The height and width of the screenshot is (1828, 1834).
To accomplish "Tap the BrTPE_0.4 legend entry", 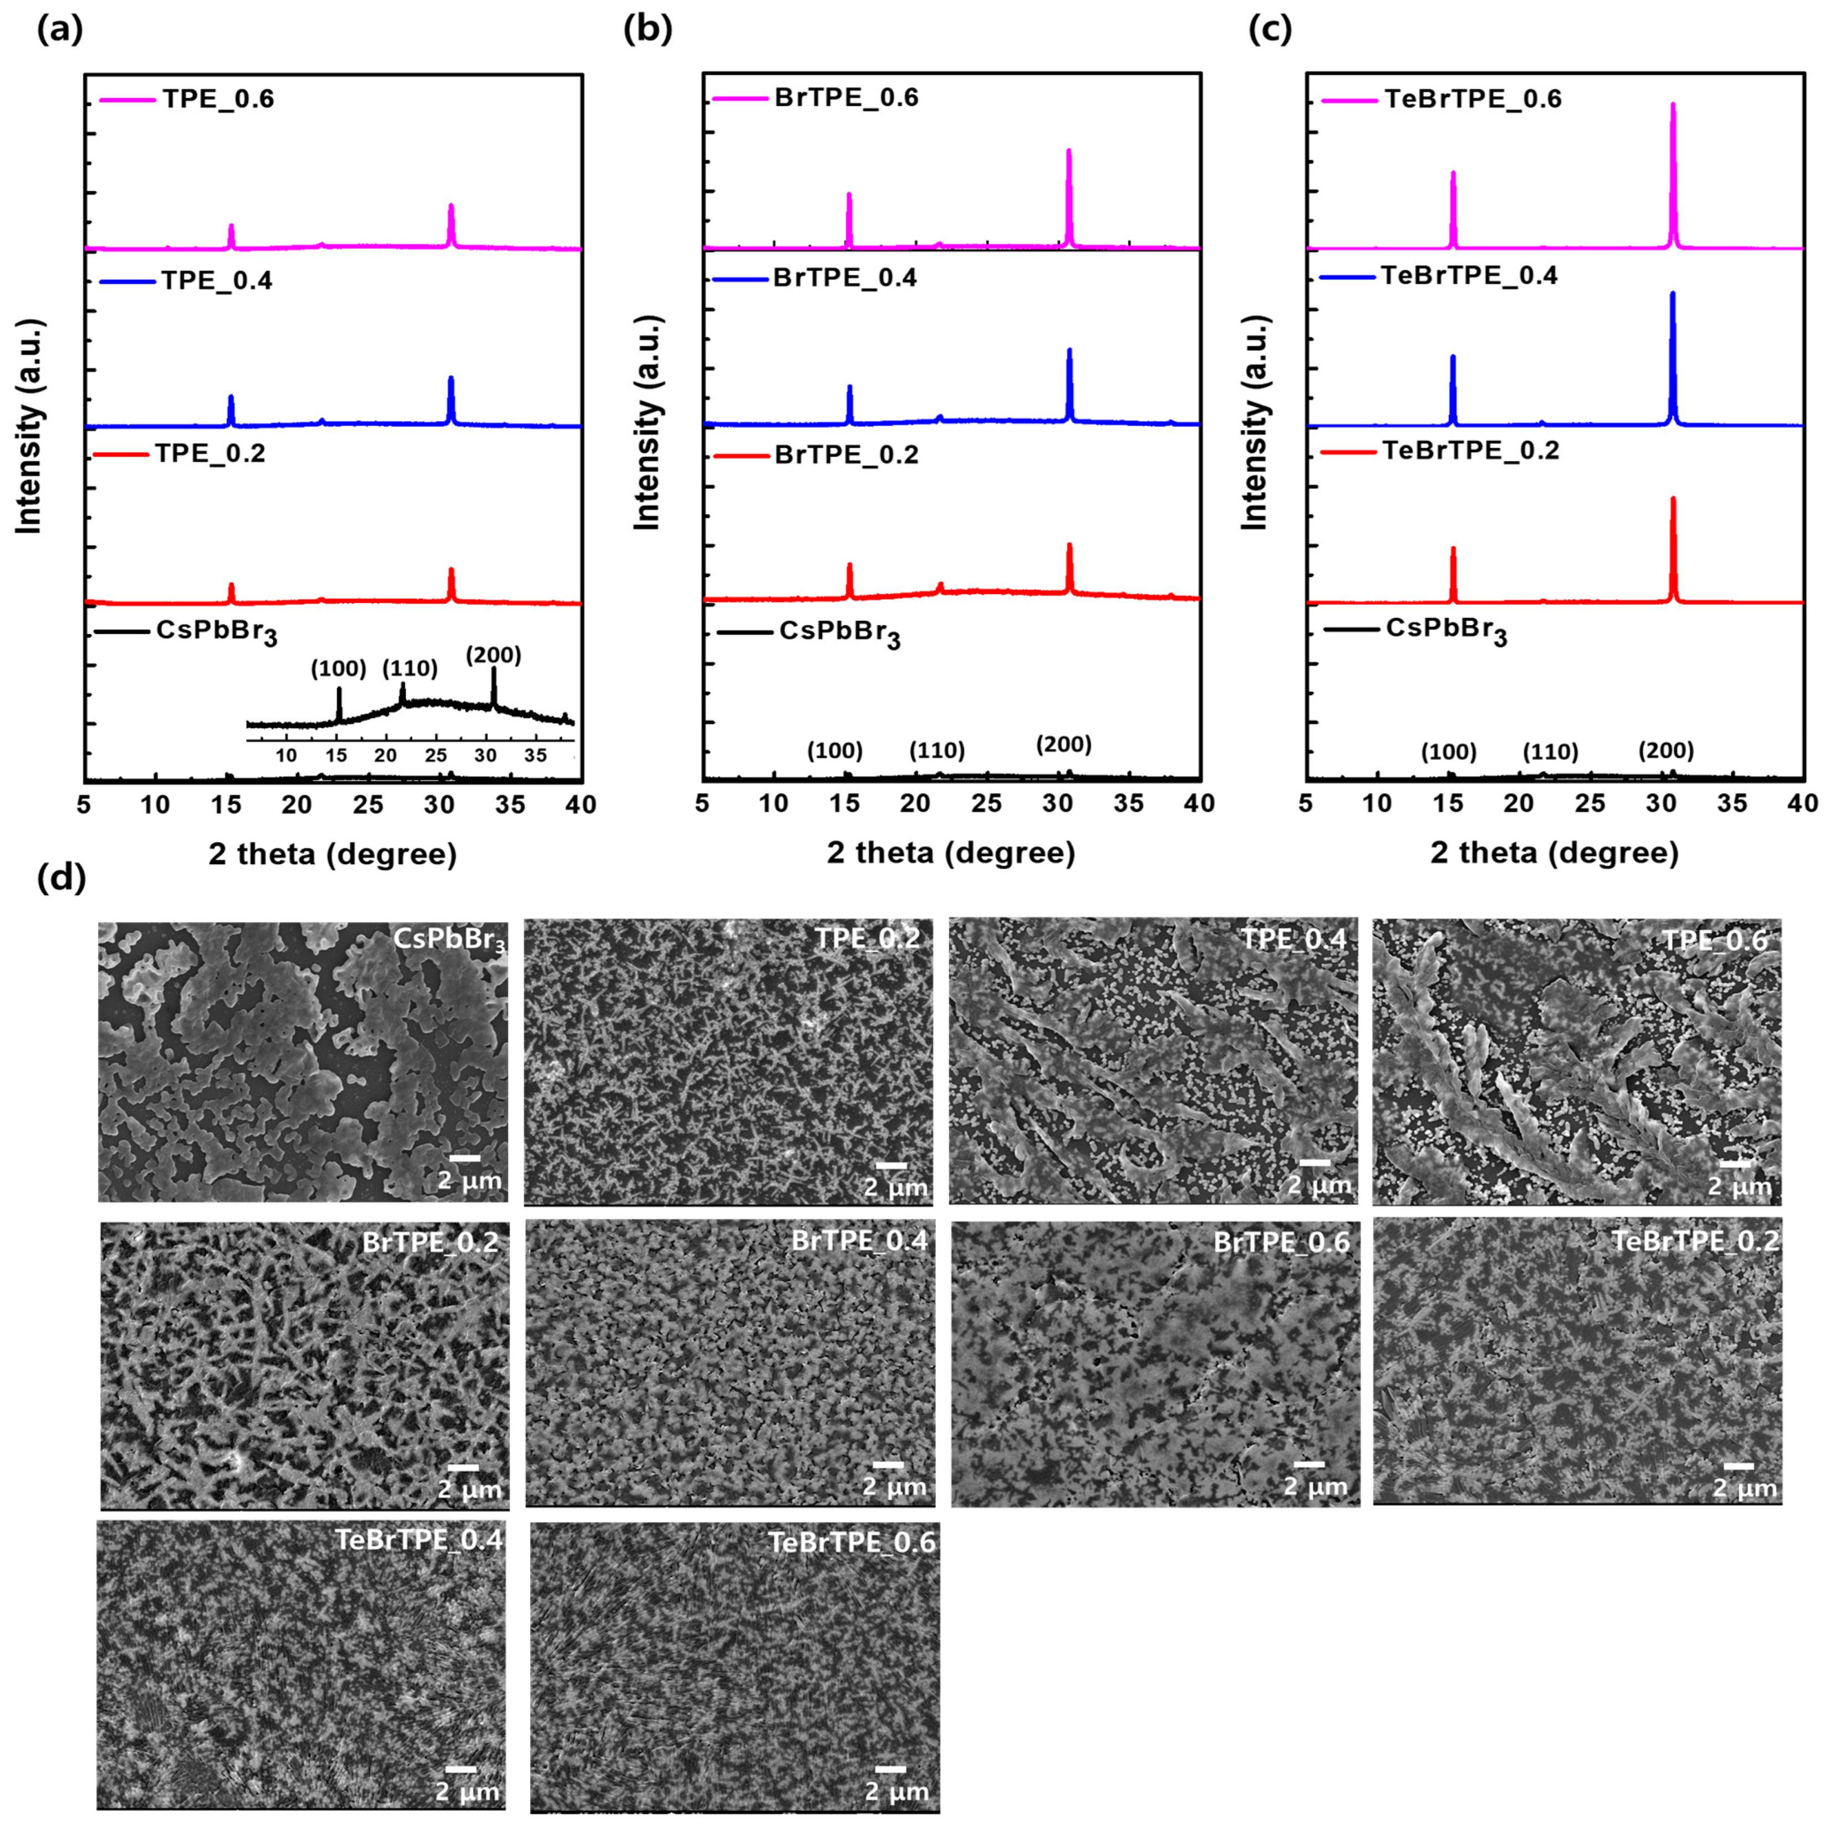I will point(845,279).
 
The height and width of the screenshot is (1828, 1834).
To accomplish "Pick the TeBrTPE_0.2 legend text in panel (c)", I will point(1470,450).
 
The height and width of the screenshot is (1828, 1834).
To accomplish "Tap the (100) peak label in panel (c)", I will point(1449,753).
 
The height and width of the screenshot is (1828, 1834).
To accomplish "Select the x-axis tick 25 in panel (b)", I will point(987,804).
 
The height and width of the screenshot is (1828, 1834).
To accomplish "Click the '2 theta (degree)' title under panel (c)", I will point(1554,852).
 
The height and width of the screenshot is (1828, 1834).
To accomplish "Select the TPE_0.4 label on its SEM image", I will point(1294,939).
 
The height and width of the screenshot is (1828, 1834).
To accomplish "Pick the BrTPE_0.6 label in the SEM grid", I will point(1281,1242).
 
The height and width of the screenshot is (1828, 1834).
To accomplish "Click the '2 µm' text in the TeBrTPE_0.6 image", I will point(896,1791).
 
